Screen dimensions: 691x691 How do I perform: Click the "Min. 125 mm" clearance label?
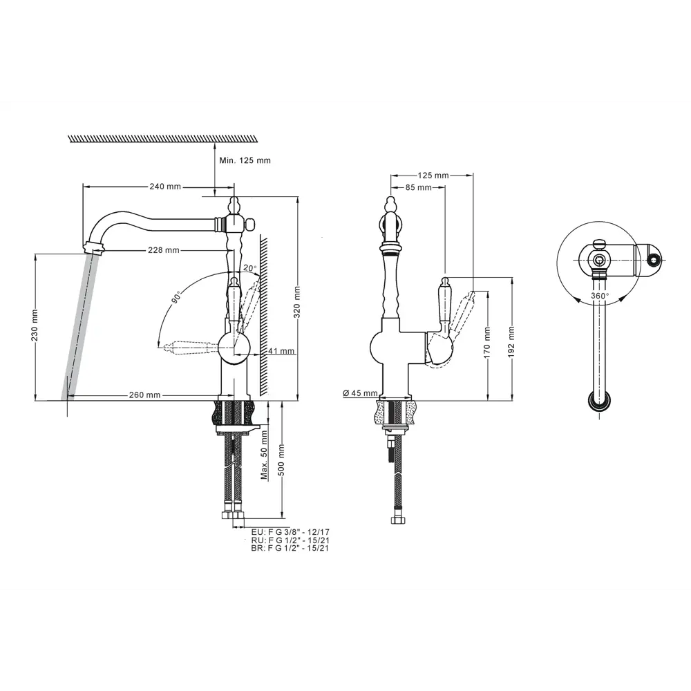click(x=245, y=160)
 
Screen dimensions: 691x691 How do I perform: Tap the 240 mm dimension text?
click(x=165, y=187)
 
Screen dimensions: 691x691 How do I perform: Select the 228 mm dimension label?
click(x=164, y=250)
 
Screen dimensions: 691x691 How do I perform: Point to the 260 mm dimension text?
click(x=144, y=395)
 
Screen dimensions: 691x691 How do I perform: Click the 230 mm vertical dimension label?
click(x=35, y=325)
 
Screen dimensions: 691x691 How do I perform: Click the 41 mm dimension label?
click(x=281, y=351)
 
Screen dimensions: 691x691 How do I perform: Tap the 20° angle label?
click(x=249, y=268)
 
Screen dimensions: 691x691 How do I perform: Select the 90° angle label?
click(x=176, y=296)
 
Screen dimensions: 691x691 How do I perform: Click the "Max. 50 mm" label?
click(x=264, y=455)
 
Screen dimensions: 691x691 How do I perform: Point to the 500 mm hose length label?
click(x=281, y=460)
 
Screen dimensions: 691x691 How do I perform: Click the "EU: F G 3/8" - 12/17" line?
click(x=290, y=532)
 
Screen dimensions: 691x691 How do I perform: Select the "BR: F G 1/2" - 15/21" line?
click(x=290, y=548)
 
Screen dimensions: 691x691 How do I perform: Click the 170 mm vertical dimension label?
click(x=487, y=343)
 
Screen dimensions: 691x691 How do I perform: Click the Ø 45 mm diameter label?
click(x=360, y=392)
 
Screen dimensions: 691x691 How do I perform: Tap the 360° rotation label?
click(x=600, y=296)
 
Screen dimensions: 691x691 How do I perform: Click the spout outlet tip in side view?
click(x=93, y=247)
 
